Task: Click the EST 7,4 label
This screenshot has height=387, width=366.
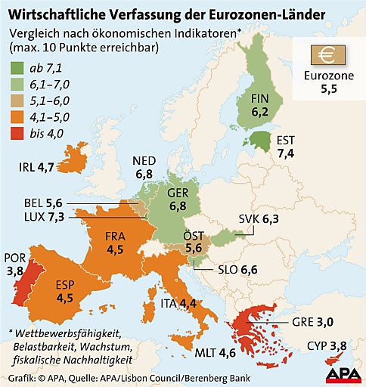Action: (286, 147)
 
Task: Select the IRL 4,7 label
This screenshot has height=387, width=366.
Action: (36, 167)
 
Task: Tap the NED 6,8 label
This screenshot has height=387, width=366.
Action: (144, 167)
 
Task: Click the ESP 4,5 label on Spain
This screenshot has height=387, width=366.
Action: (67, 291)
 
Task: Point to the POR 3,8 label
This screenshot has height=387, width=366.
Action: (14, 264)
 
